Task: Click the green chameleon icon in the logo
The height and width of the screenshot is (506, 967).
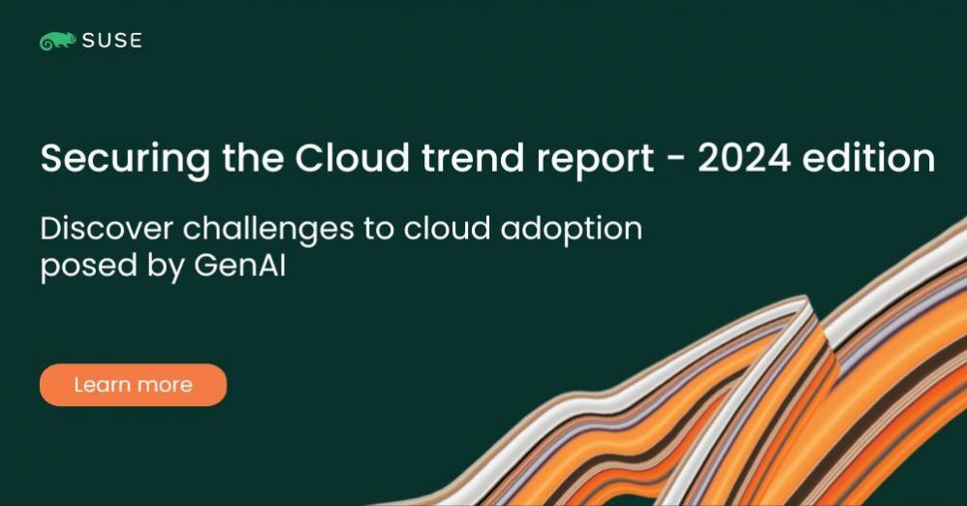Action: click(x=56, y=41)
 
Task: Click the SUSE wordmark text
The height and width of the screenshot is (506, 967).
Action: click(x=111, y=41)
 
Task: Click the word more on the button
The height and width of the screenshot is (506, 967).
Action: click(x=164, y=385)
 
